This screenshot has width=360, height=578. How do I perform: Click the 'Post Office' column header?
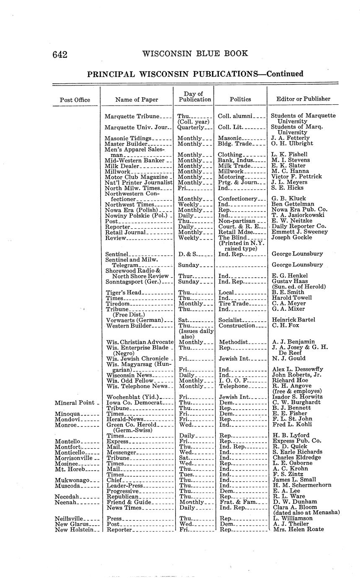75,100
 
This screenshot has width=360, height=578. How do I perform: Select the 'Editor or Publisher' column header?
303,99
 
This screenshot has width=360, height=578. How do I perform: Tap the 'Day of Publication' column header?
194,97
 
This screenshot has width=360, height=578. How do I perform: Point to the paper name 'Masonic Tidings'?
128,138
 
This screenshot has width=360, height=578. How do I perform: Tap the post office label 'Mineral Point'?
74,403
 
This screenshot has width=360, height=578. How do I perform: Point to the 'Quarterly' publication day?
191,127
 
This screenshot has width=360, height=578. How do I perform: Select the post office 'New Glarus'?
70,524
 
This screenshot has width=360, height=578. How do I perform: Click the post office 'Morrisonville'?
75,458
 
